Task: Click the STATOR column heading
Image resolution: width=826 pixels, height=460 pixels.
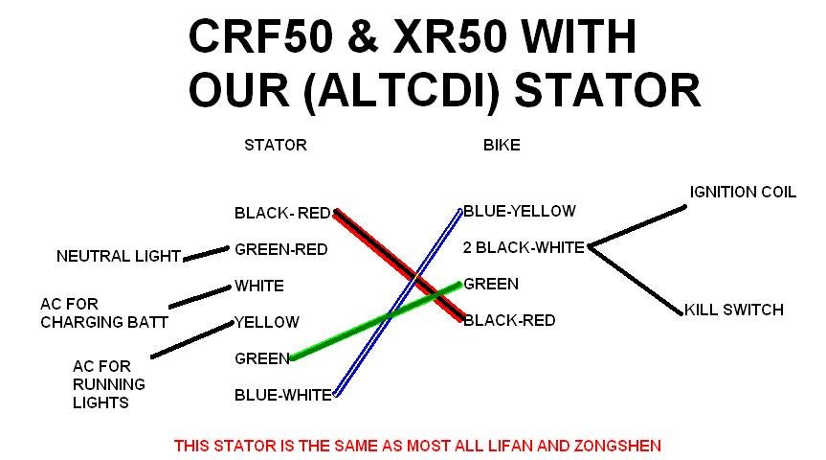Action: (x=276, y=145)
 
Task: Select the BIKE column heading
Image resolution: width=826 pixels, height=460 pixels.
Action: (x=502, y=145)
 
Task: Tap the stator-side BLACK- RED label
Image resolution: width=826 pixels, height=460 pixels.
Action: (x=282, y=213)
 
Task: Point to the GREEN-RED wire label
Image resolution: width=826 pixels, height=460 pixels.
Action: (x=281, y=249)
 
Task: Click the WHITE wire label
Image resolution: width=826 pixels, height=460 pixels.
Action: (x=259, y=286)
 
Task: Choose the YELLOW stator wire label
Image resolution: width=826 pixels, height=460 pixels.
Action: (x=266, y=322)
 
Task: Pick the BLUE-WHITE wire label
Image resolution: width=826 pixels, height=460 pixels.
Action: (x=283, y=395)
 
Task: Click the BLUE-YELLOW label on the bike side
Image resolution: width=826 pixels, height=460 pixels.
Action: (x=520, y=211)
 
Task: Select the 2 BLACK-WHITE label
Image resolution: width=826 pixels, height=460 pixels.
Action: (x=524, y=247)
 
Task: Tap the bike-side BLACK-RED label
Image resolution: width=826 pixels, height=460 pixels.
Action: (x=509, y=320)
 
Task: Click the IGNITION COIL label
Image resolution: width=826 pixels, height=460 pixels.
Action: (x=743, y=192)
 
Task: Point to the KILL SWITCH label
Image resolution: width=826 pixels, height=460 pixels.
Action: (x=734, y=310)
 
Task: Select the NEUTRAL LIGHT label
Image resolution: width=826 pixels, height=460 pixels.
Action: (x=119, y=257)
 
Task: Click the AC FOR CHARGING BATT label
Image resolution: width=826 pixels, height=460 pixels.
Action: (x=104, y=312)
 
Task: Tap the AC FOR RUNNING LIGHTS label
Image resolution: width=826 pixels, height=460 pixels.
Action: (x=109, y=384)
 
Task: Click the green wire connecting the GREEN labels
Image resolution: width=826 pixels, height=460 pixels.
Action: (x=376, y=321)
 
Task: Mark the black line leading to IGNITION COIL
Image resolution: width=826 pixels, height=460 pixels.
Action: (x=637, y=226)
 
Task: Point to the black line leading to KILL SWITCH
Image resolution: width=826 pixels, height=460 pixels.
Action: (x=636, y=281)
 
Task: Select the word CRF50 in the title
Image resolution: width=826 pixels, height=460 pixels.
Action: (x=260, y=36)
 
